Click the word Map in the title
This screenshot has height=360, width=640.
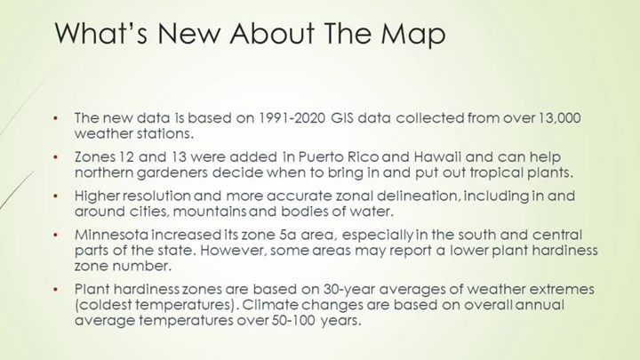click(412, 34)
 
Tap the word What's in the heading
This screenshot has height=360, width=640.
click(100, 33)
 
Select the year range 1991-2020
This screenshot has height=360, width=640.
click(292, 118)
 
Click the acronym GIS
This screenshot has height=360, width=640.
click(342, 118)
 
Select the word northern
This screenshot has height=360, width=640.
click(104, 173)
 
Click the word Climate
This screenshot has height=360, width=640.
click(270, 305)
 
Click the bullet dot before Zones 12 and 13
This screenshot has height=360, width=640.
click(55, 157)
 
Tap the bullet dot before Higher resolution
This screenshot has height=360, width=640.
click(55, 196)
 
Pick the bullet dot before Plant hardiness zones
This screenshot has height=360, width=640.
click(55, 290)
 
